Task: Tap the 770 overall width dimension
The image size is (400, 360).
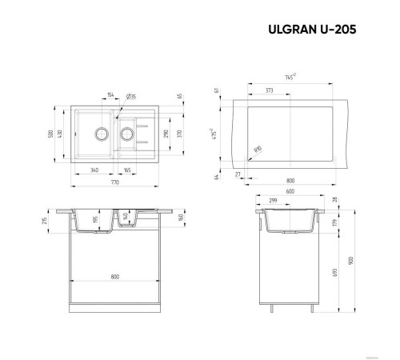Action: pos(115,183)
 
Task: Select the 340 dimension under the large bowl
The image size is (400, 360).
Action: pos(95,170)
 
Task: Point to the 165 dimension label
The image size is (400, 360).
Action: pos(128,170)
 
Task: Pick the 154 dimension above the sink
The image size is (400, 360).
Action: pos(109,96)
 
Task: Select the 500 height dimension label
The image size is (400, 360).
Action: pos(50,134)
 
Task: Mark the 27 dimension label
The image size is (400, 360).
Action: pos(238,172)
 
